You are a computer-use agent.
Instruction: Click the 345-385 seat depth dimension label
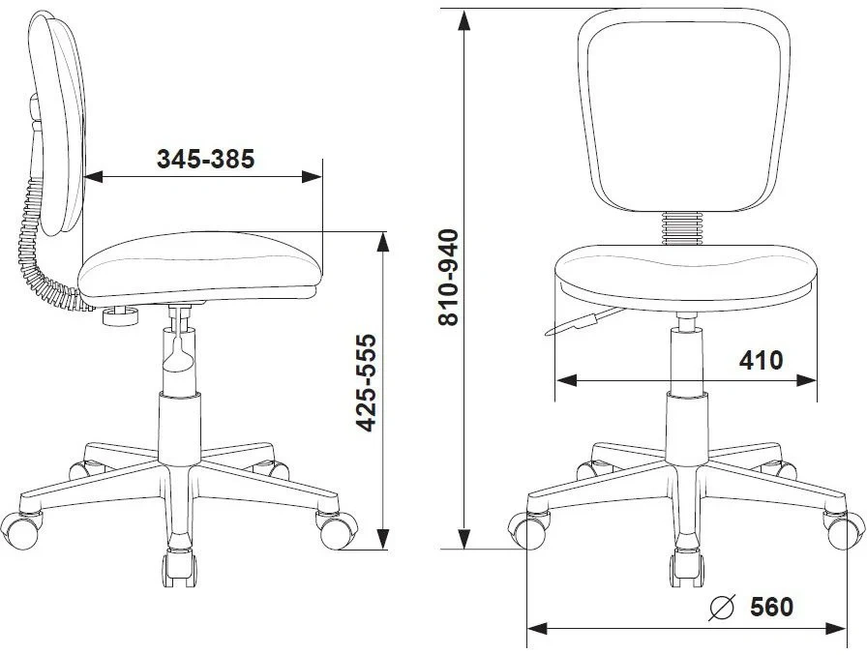206,160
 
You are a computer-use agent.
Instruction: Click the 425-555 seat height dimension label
366,382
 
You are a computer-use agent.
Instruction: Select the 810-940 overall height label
448,277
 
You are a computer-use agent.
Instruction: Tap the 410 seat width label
762,360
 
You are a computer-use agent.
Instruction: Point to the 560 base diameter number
771,607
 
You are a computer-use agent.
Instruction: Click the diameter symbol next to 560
722,607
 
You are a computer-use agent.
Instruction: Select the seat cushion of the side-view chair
200,268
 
